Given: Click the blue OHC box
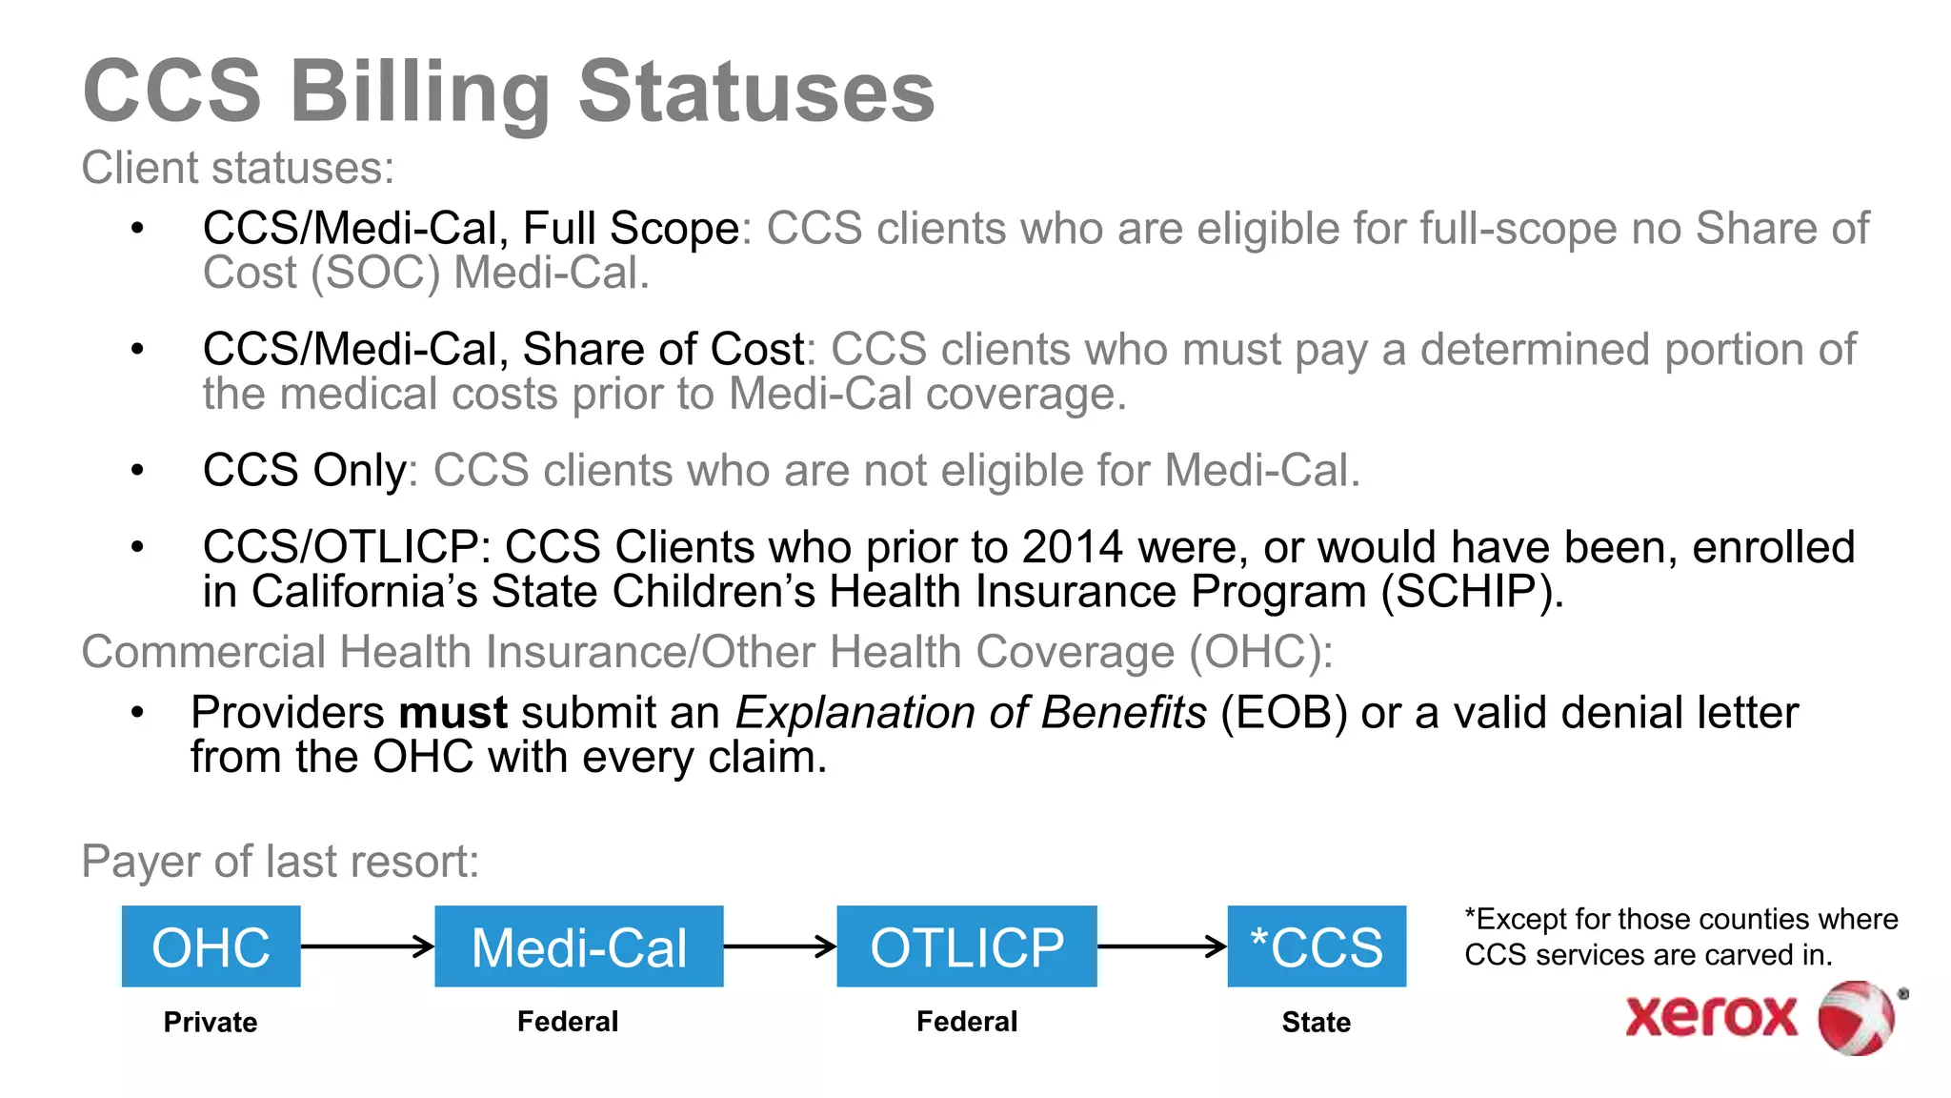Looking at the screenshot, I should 211,946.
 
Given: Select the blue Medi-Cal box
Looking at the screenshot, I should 578,946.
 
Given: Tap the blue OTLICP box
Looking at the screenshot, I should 967,946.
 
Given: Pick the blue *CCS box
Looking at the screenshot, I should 1317,946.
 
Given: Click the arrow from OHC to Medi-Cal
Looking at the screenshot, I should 368,946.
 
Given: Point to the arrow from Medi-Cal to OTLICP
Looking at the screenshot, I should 780,946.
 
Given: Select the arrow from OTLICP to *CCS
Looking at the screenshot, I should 1162,946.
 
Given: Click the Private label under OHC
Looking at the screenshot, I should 211,1022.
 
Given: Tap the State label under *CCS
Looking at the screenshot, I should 1316,1022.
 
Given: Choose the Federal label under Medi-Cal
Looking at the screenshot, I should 568,1022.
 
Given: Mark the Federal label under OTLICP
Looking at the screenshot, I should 967,1022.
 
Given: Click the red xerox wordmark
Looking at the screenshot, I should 1711,1016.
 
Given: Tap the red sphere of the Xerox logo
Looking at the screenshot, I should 1856,1018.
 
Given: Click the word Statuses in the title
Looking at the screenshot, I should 756,91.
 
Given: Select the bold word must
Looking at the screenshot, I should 453,713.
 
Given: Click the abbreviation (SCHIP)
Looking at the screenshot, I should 1472,592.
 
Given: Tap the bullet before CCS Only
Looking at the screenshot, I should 138,470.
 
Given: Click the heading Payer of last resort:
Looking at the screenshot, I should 280,862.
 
